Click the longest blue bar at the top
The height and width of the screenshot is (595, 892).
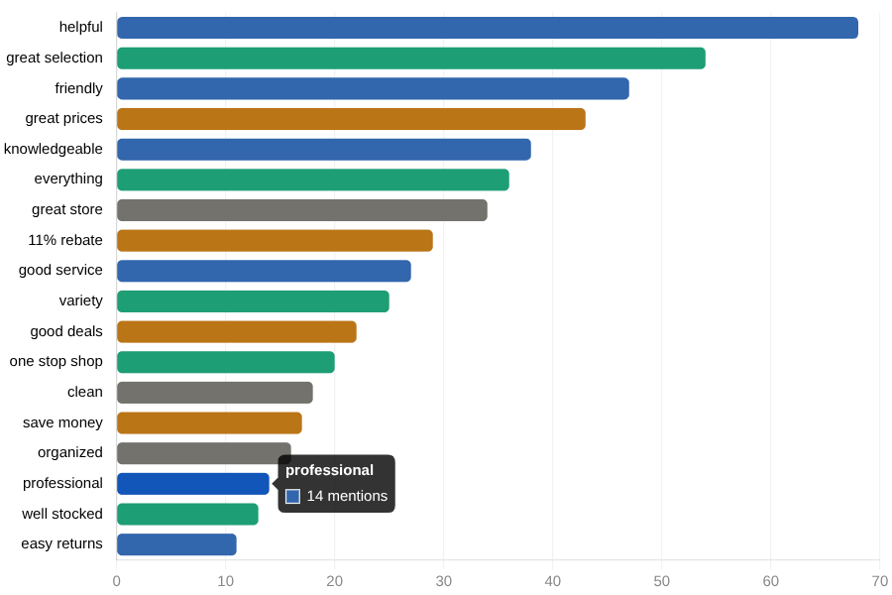487,28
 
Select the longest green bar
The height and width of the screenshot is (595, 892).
410,59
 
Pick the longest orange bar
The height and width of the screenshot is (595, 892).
351,119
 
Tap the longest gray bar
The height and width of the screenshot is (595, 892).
301,210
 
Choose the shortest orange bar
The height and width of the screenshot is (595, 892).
209,423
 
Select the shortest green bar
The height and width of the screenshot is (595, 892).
187,514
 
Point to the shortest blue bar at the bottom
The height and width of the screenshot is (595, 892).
176,544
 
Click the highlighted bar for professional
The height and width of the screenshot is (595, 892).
192,484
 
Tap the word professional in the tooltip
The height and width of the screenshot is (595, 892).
329,470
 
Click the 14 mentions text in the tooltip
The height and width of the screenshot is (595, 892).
347,496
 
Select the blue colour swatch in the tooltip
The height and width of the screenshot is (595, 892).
292,496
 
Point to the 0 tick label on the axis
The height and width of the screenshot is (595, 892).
117,581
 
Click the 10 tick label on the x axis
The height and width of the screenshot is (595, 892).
226,581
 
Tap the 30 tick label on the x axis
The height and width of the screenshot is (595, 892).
444,581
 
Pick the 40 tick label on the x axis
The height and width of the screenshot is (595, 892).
553,581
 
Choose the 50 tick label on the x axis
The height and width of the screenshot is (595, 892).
662,581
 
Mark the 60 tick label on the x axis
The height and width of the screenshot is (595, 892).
771,581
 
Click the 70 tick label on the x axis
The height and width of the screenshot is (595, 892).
879,581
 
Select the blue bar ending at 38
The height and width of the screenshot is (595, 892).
323,150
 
